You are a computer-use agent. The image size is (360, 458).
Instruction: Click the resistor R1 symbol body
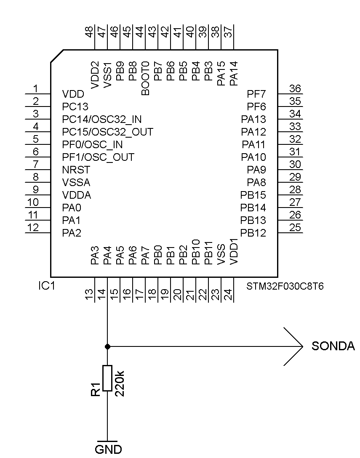[x=107, y=378]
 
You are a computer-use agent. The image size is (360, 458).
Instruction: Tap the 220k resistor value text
[x=120, y=383]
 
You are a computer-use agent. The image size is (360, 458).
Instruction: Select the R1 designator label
[x=96, y=389]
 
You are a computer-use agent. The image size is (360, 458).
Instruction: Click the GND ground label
[x=108, y=449]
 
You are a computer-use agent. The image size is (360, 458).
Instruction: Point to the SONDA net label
[x=333, y=346]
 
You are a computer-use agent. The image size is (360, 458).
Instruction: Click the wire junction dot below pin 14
[x=107, y=346]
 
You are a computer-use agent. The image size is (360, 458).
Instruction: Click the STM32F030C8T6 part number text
[x=285, y=287]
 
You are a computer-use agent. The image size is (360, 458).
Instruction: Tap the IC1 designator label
[x=47, y=286]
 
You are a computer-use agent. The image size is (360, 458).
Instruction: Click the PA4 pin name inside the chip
[x=107, y=256]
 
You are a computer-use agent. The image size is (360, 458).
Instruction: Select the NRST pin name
[x=76, y=170]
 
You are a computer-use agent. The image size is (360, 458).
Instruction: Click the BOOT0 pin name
[x=146, y=78]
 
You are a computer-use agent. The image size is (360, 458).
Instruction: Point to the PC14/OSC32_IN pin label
[x=101, y=120]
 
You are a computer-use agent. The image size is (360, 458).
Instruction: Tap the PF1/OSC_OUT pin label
[x=98, y=157]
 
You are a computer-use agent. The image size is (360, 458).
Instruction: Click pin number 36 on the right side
[x=295, y=88]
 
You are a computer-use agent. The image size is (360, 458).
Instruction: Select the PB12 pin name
[x=253, y=233]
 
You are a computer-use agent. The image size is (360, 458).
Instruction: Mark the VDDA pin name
[x=77, y=195]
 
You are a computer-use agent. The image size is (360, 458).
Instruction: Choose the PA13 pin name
[x=253, y=120]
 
